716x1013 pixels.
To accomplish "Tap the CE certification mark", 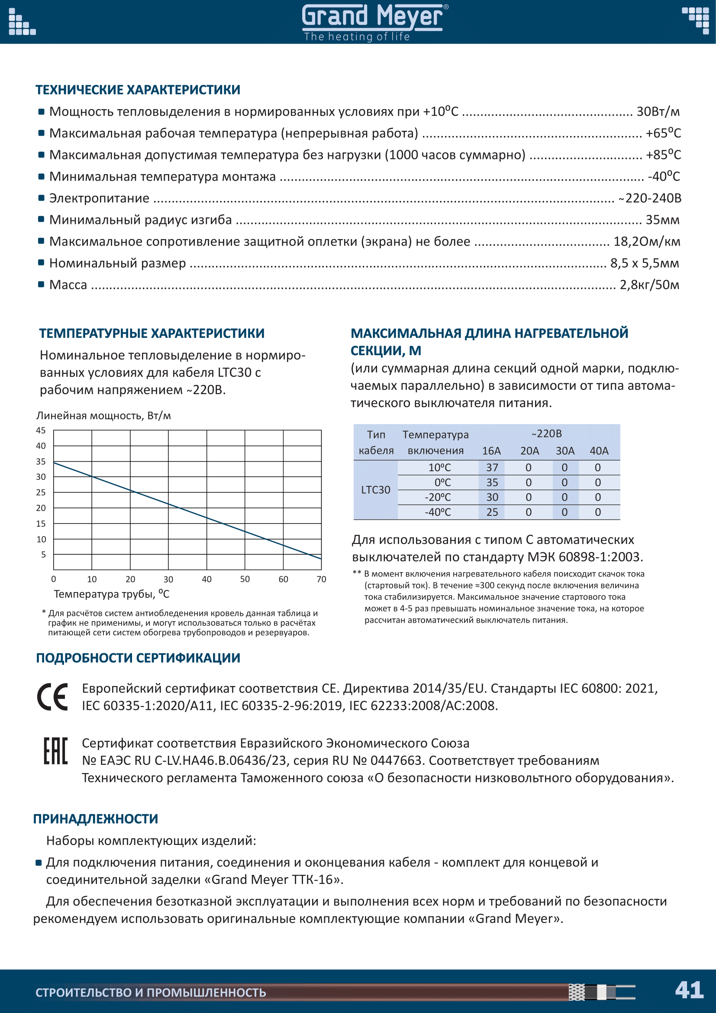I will point(52,697).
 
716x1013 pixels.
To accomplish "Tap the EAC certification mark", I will point(55,751).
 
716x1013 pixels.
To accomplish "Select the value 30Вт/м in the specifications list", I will point(658,112).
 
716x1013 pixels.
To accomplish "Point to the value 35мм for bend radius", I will point(662,220).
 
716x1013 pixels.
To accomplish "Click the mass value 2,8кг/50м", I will point(649,285).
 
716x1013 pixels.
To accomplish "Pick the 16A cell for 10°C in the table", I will point(492,467).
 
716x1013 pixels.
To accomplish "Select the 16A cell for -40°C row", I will point(492,512).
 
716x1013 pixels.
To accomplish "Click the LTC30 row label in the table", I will point(376,490).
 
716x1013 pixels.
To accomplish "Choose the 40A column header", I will point(599,451).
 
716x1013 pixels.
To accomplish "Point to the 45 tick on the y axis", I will point(41,430).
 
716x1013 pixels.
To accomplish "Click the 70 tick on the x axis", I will point(321,579).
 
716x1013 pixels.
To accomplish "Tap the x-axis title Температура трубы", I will point(111,594).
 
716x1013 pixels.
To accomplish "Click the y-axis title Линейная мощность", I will point(103,416).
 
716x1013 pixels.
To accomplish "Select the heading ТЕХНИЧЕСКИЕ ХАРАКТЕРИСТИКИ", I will point(138,90).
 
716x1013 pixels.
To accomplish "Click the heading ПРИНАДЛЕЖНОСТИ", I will point(96,819).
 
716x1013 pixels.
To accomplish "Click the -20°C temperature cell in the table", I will point(438,497).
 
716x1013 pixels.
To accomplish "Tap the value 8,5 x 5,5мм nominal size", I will point(645,263).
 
